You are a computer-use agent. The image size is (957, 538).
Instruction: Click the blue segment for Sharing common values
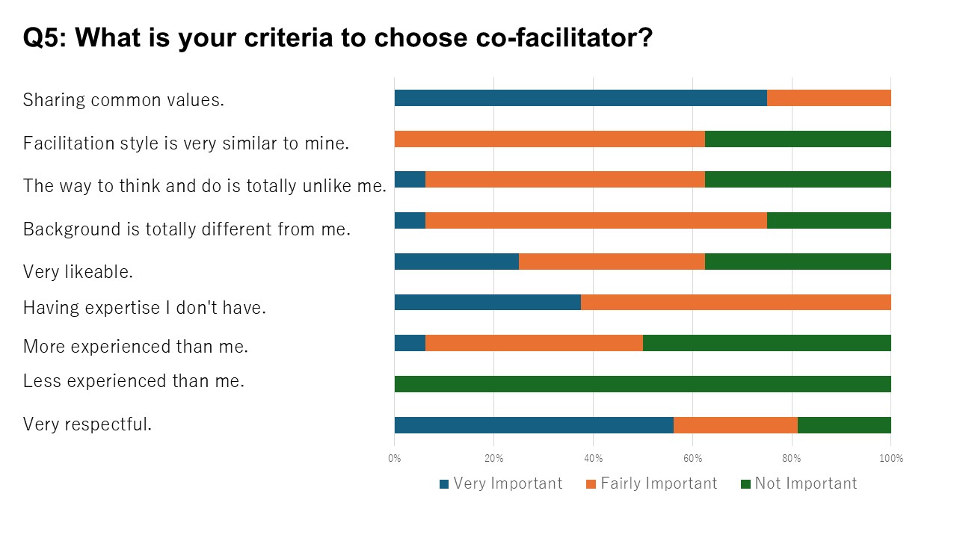click(580, 98)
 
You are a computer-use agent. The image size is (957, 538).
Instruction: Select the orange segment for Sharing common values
click(828, 98)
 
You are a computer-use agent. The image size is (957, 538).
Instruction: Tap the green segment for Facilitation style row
click(797, 139)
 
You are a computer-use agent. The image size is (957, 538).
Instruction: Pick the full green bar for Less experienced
click(642, 384)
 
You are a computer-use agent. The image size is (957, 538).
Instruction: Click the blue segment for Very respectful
click(533, 424)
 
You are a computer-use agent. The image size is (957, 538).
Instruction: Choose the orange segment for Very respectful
click(735, 424)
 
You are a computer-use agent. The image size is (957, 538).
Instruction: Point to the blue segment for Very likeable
click(456, 262)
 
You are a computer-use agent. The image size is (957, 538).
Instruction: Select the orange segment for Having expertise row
click(735, 302)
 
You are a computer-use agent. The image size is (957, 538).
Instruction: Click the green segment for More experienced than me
click(766, 343)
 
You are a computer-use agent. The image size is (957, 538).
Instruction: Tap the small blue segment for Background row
click(410, 220)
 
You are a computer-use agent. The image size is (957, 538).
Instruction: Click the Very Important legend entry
click(501, 483)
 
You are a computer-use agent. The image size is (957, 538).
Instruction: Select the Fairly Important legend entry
click(651, 483)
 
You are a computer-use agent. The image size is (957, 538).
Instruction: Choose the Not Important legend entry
click(798, 483)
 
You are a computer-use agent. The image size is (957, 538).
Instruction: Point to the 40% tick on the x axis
click(593, 458)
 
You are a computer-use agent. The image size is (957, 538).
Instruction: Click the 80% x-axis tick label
click(791, 458)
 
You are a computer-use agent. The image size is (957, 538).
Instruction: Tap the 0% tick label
click(395, 458)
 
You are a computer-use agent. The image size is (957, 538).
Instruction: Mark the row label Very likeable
click(78, 271)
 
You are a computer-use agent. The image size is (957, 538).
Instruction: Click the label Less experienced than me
click(134, 381)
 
